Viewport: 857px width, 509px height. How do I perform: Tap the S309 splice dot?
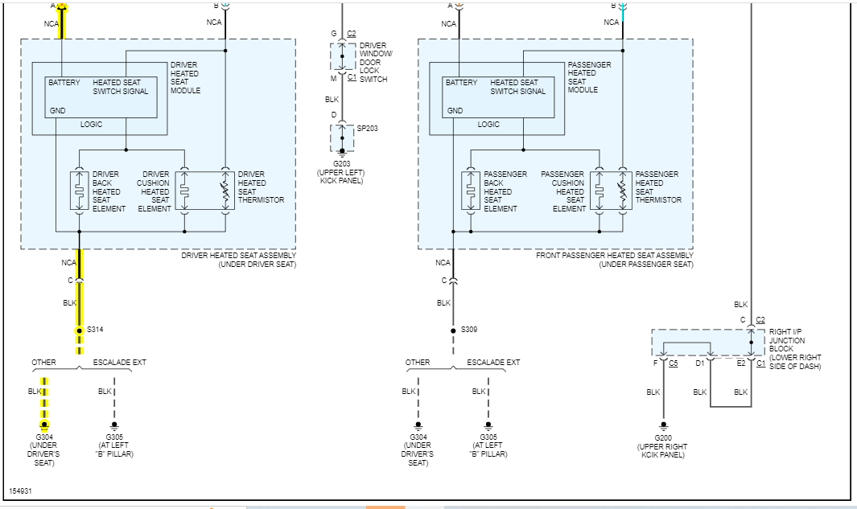(452, 330)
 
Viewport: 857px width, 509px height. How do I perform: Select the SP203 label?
(366, 128)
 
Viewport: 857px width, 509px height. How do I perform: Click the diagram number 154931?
(20, 490)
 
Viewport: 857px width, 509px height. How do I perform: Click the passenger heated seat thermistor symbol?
(622, 190)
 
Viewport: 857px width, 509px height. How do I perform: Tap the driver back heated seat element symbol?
(80, 190)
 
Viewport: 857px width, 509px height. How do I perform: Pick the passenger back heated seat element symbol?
(471, 190)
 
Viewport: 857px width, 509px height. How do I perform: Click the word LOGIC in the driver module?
(92, 125)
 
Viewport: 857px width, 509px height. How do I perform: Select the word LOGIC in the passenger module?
(488, 125)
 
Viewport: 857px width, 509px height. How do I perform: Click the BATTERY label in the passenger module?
(461, 83)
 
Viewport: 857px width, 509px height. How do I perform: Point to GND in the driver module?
(57, 111)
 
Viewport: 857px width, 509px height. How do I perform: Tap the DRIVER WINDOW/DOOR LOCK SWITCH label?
(375, 62)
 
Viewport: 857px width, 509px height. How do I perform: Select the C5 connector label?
(674, 363)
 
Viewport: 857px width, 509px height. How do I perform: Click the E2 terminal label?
(740, 363)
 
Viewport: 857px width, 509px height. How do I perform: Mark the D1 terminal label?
(699, 363)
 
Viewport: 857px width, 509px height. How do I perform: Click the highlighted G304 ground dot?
(44, 424)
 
